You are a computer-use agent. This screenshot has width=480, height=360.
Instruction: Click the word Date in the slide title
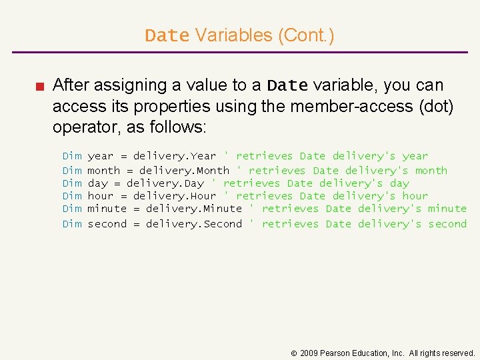pyautogui.click(x=167, y=35)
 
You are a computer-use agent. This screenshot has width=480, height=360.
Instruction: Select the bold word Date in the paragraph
pyautogui.click(x=287, y=86)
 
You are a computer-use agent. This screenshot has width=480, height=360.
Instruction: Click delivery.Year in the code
pyautogui.click(x=175, y=156)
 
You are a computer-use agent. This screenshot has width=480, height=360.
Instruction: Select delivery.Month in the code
pyautogui.click(x=184, y=170)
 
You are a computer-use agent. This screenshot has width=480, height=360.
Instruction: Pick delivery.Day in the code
pyautogui.click(x=165, y=183)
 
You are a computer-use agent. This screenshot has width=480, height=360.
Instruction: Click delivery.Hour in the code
pyautogui.click(x=175, y=196)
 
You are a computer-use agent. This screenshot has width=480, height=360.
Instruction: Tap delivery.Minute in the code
pyautogui.click(x=194, y=209)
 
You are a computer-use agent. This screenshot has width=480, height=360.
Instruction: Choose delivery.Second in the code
pyautogui.click(x=194, y=223)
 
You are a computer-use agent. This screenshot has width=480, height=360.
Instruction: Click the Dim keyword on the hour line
pyautogui.click(x=72, y=196)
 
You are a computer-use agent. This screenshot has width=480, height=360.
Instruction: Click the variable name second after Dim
pyautogui.click(x=107, y=223)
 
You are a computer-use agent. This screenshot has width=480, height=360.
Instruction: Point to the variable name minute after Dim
pyautogui.click(x=107, y=209)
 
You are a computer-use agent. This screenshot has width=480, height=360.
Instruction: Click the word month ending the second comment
pyautogui.click(x=431, y=170)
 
